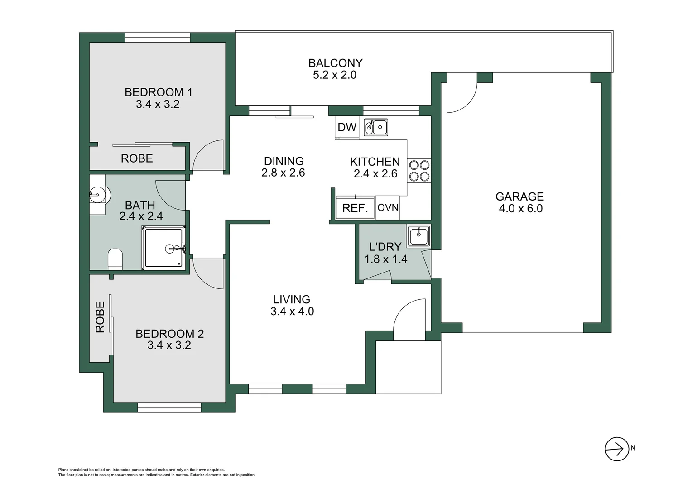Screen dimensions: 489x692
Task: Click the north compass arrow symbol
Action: pyautogui.click(x=616, y=449)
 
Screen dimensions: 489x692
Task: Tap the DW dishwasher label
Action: pyautogui.click(x=347, y=127)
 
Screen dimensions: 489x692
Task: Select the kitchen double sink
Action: pyautogui.click(x=376, y=127)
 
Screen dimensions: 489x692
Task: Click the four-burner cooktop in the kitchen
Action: pyautogui.click(x=419, y=170)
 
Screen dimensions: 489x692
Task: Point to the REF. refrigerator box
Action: pyautogui.click(x=355, y=208)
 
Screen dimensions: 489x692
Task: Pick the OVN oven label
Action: pyautogui.click(x=388, y=207)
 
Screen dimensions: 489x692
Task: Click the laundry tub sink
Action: pyautogui.click(x=418, y=236)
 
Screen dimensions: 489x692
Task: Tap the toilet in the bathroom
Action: pyautogui.click(x=115, y=259)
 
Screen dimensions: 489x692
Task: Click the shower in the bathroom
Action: pyautogui.click(x=164, y=248)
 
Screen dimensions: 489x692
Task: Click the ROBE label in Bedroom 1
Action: pyautogui.click(x=137, y=158)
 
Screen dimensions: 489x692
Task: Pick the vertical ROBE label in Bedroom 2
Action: pyautogui.click(x=100, y=317)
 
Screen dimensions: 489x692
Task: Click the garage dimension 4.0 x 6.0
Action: pyautogui.click(x=520, y=209)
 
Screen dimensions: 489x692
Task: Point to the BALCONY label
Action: pyautogui.click(x=335, y=63)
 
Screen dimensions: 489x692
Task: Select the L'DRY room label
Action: pyautogui.click(x=385, y=247)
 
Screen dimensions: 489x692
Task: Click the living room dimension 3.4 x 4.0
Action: pyautogui.click(x=292, y=312)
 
